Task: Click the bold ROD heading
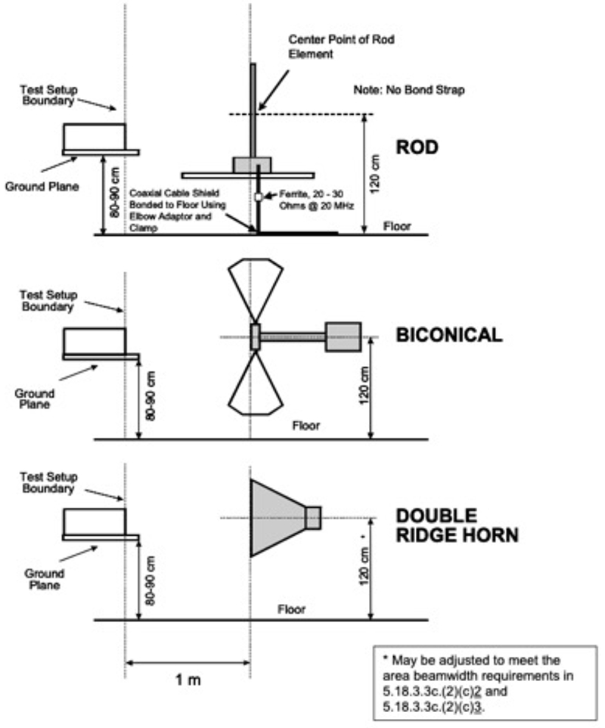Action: point(417,147)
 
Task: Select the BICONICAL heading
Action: point(449,336)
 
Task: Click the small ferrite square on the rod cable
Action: point(258,197)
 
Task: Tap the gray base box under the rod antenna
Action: point(251,165)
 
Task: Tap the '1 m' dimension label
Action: point(188,680)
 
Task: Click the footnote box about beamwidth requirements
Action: point(486,681)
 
